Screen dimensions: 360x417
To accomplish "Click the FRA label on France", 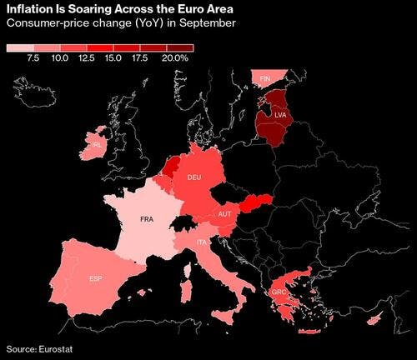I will coord(147,220).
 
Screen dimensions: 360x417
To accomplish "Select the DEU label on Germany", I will coord(194,178).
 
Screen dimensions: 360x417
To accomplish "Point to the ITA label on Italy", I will coord(203,242).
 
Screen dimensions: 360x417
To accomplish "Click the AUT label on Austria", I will coord(225,215).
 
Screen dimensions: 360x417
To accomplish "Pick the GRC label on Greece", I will coord(279,292).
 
